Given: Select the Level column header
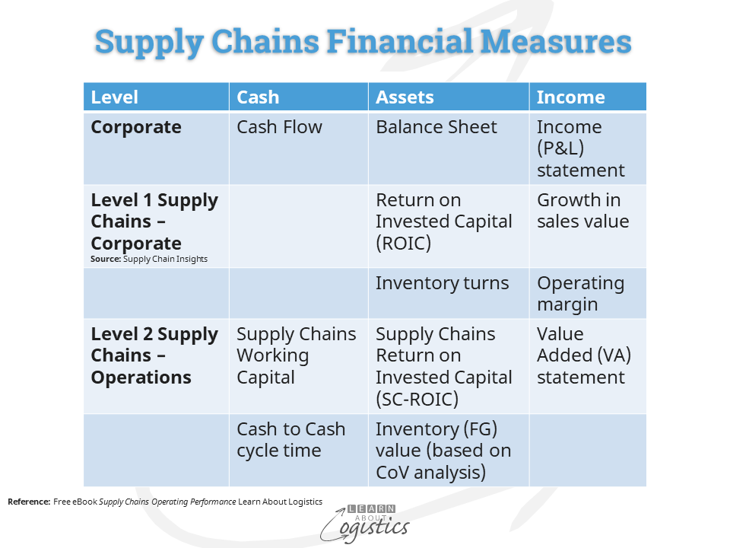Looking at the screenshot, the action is tap(115, 97).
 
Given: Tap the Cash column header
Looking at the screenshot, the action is tap(258, 97).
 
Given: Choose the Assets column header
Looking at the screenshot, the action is tap(405, 97).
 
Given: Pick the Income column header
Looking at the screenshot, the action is tap(571, 97).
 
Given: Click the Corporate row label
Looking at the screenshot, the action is tap(136, 127).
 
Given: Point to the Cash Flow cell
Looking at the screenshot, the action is tap(279, 127).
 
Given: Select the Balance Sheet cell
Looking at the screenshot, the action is tap(436, 127).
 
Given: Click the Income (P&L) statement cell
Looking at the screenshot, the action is tap(580, 148).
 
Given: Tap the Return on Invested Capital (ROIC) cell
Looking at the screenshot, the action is tap(443, 221).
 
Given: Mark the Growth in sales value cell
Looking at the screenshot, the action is tap(583, 211).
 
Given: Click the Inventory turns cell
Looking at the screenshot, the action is tap(443, 283).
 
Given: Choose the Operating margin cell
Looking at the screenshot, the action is tap(580, 294).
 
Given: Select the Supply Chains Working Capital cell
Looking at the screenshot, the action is tap(296, 355).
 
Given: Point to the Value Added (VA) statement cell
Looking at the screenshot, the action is tap(584, 355).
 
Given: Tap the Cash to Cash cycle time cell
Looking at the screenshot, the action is tap(291, 439).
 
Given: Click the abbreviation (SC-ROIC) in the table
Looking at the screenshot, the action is tap(417, 400).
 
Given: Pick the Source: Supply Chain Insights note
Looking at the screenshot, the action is tap(149, 259).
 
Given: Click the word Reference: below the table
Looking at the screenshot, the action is tap(29, 502).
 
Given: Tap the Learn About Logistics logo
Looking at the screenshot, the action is tap(365, 524).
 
